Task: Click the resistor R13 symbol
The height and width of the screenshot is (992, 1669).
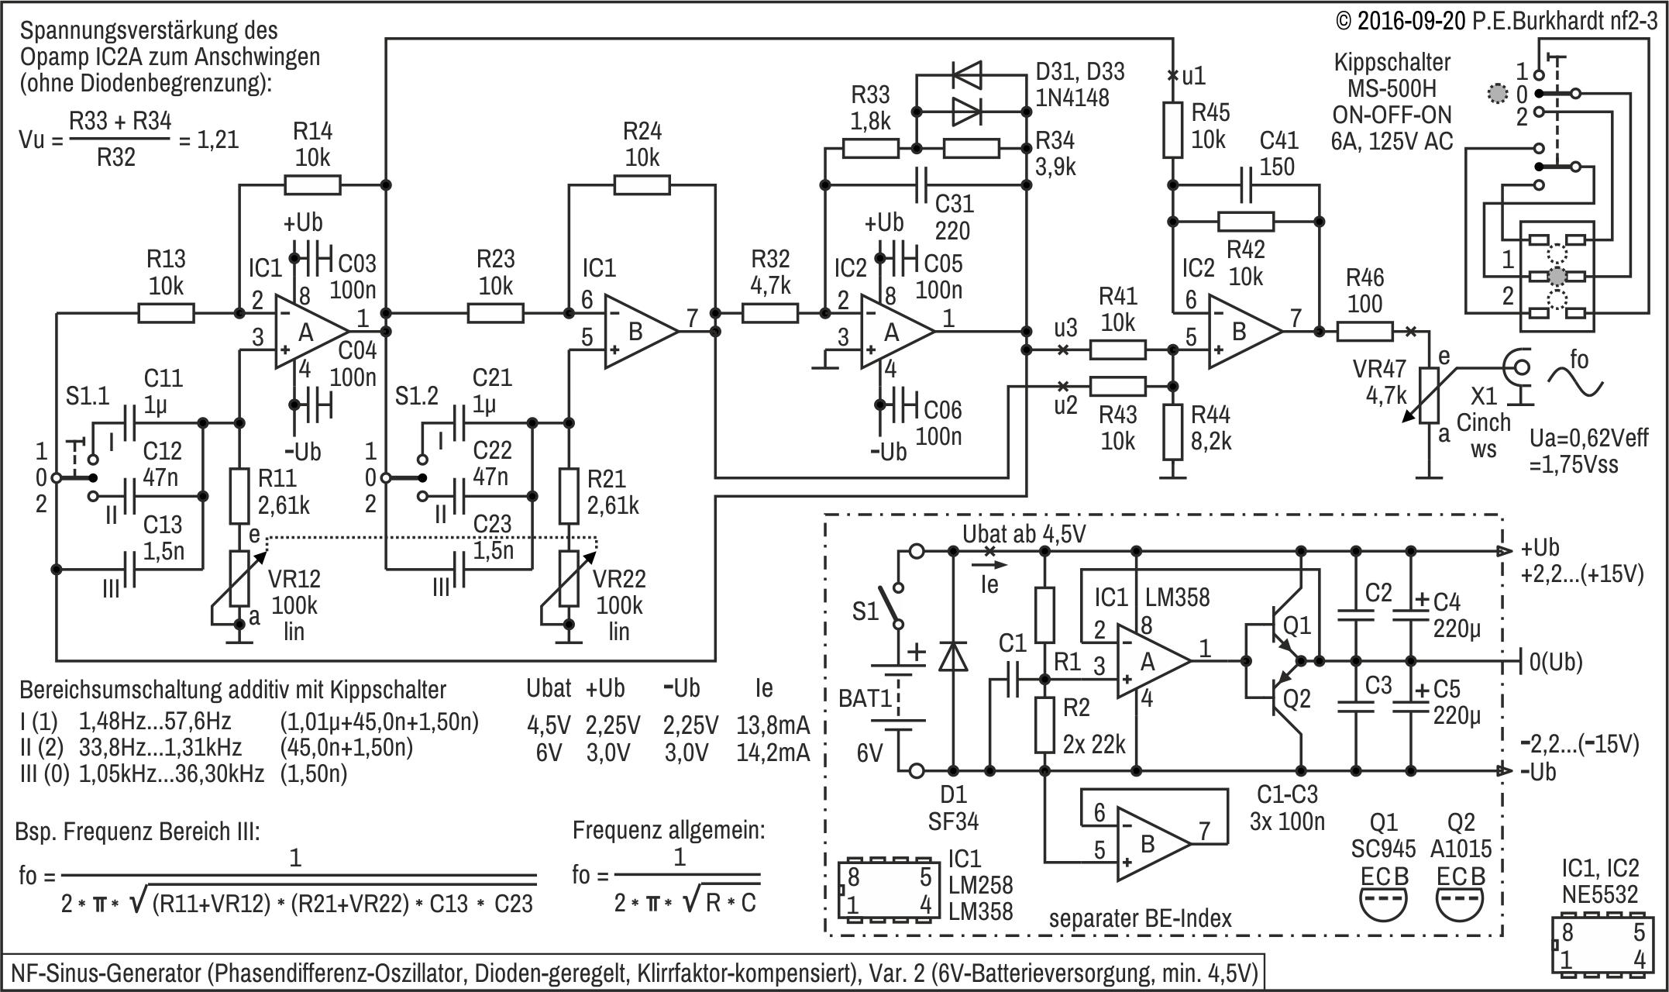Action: [166, 313]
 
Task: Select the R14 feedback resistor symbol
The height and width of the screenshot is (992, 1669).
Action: [312, 185]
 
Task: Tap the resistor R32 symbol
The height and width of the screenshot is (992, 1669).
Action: [770, 313]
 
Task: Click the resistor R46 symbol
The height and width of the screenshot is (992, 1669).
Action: [1364, 332]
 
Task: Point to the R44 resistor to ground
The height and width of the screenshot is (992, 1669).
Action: [1174, 432]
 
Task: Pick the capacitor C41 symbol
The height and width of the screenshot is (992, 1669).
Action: [1246, 185]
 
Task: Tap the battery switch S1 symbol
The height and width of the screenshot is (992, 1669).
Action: [898, 605]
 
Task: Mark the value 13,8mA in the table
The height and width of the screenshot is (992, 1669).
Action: [773, 726]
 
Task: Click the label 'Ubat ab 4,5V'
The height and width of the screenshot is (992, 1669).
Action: [1024, 535]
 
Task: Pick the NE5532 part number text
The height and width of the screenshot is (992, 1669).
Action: [1600, 895]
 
